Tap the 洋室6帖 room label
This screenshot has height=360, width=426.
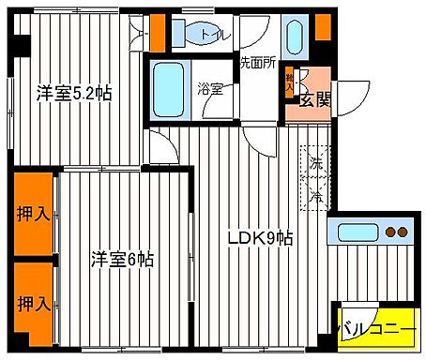pyautogui.click(x=122, y=259)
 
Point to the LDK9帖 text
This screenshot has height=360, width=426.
pyautogui.click(x=261, y=238)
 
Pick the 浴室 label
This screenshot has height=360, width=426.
pyautogui.click(x=209, y=90)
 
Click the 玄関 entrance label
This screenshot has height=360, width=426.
pyautogui.click(x=313, y=98)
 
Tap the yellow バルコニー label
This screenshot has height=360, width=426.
pyautogui.click(x=376, y=330)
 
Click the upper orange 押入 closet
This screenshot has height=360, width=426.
pyautogui.click(x=33, y=214)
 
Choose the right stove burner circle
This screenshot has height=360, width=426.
pyautogui.click(x=405, y=232)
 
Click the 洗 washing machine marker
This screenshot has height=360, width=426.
pyautogui.click(x=315, y=162)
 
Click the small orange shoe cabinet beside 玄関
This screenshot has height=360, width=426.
pyautogui.click(x=291, y=84)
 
